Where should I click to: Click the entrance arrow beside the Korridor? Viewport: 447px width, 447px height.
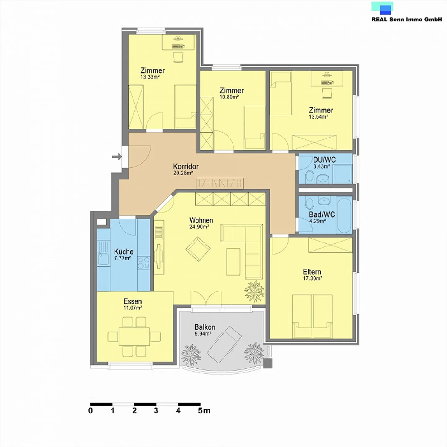(x=117, y=156)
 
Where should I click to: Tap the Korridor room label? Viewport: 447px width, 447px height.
(x=186, y=166)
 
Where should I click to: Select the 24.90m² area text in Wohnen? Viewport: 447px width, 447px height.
(x=199, y=227)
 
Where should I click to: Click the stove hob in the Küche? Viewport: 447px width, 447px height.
(x=144, y=262)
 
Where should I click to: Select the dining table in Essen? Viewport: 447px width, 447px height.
(x=134, y=336)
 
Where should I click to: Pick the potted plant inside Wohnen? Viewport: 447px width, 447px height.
(x=254, y=291)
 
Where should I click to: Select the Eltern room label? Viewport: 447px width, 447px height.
(x=312, y=272)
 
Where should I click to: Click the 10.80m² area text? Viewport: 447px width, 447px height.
(x=229, y=97)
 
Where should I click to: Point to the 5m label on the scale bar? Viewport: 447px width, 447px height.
(x=204, y=411)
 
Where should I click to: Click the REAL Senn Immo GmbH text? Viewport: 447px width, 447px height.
(x=407, y=19)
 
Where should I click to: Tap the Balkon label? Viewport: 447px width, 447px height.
(x=205, y=327)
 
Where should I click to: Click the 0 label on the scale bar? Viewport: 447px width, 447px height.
(x=90, y=411)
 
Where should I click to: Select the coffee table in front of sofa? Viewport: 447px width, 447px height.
(x=233, y=262)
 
